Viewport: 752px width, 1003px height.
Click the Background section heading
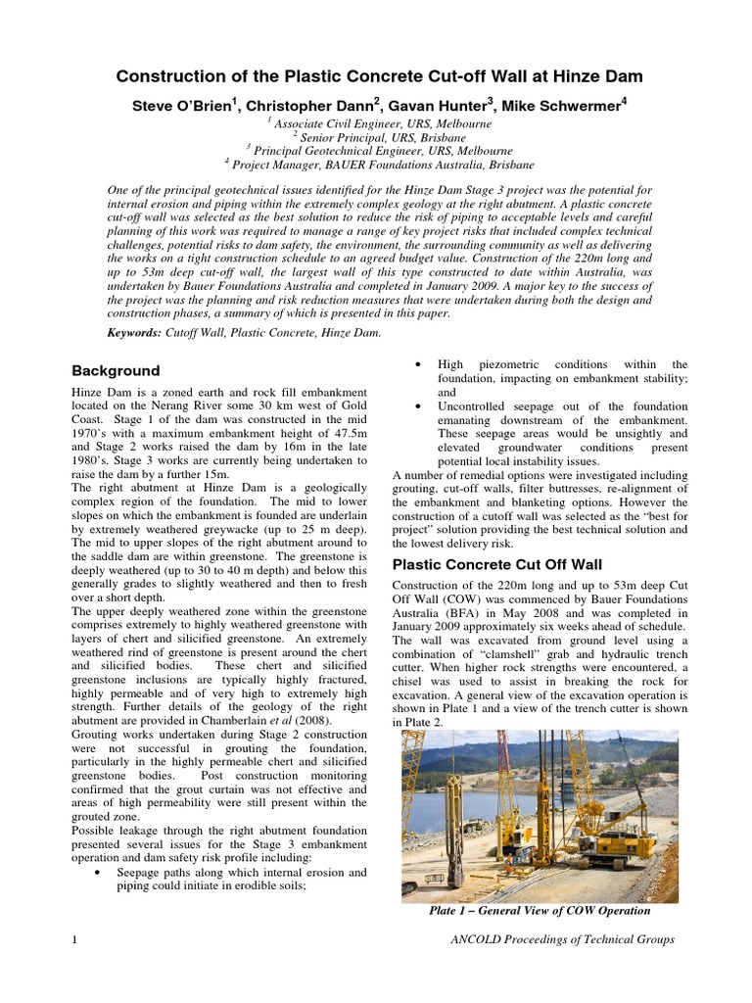pos(116,371)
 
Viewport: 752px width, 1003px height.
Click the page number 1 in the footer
pos(75,940)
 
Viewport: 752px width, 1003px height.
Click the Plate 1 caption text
pos(540,910)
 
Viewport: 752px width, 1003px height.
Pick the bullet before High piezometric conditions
pos(418,364)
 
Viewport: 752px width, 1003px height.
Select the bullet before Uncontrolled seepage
pos(418,406)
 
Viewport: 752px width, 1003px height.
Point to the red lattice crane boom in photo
pos(505,774)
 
